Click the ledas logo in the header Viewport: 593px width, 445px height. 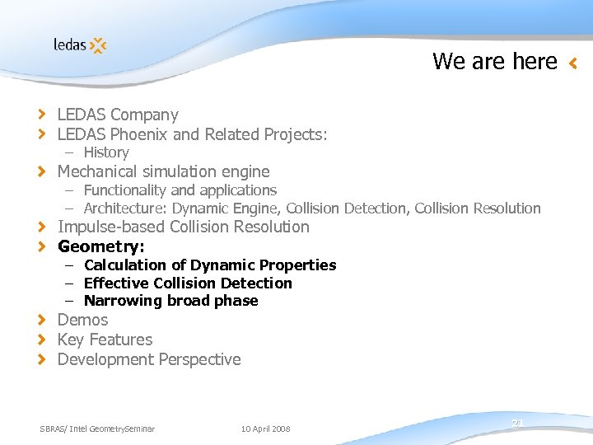coord(80,44)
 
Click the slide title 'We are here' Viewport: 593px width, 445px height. coord(494,61)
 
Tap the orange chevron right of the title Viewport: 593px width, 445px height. coord(573,63)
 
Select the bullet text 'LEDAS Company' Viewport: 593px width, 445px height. coord(117,115)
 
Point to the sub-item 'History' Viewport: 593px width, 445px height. coord(105,152)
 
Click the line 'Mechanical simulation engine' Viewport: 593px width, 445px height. coord(163,171)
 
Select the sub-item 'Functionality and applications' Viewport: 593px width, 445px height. coord(180,190)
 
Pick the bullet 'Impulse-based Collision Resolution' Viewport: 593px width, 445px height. coord(183,227)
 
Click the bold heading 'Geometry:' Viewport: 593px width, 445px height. coord(100,246)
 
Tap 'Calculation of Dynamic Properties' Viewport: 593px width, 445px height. coord(210,265)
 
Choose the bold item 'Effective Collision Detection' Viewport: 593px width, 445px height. coord(188,283)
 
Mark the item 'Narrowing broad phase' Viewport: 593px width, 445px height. coord(170,301)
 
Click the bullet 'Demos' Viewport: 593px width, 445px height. coord(82,320)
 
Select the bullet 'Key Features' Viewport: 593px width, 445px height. coord(105,340)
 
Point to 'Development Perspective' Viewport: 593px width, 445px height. coord(148,359)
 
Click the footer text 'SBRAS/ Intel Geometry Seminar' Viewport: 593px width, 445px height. coord(97,429)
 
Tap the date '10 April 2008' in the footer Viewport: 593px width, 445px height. coord(265,429)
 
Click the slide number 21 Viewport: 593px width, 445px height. coord(517,423)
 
